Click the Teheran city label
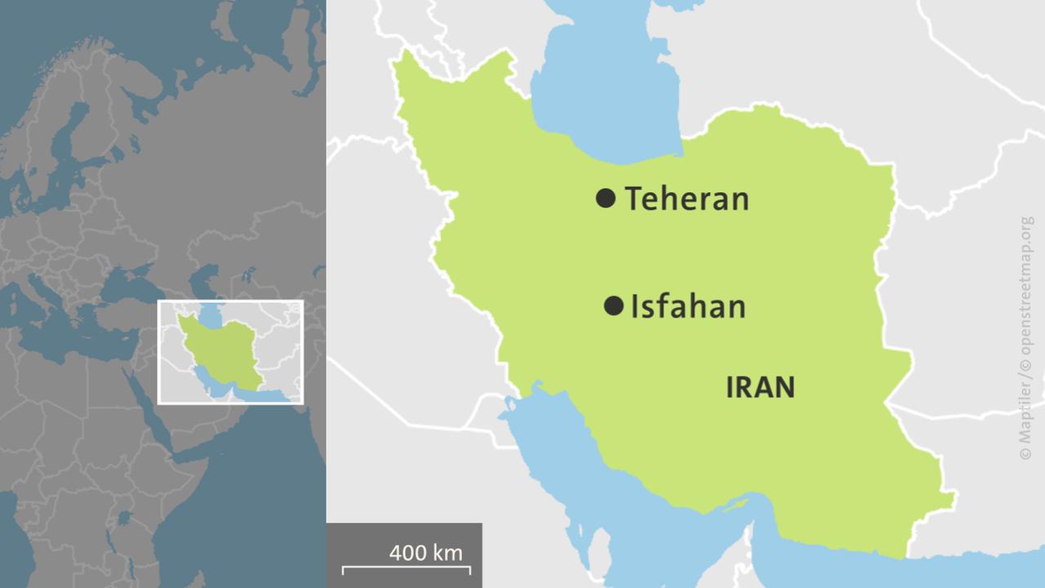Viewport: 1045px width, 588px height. (687, 198)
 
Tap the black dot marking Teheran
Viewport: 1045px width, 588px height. (605, 198)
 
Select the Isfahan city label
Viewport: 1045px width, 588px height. (688, 306)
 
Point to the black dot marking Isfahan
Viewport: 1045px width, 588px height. (613, 306)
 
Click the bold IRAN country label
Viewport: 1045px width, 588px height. (760, 387)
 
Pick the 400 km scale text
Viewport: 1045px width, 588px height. (425, 553)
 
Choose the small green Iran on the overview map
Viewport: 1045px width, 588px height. (225, 347)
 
